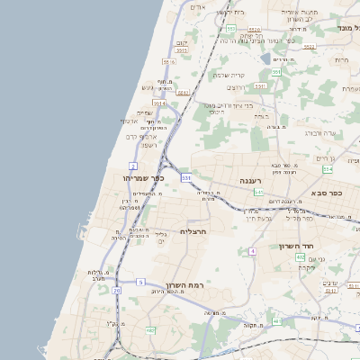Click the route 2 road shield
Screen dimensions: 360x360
point(133,166)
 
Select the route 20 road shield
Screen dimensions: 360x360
point(117,290)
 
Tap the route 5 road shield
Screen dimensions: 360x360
point(140,283)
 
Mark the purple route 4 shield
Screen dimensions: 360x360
point(253,250)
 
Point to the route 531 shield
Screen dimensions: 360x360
point(185,178)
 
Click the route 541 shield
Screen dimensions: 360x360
point(259,192)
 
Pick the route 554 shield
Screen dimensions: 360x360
point(328,169)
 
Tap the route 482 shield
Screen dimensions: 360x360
point(151,330)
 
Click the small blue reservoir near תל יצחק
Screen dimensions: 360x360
point(264,58)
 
